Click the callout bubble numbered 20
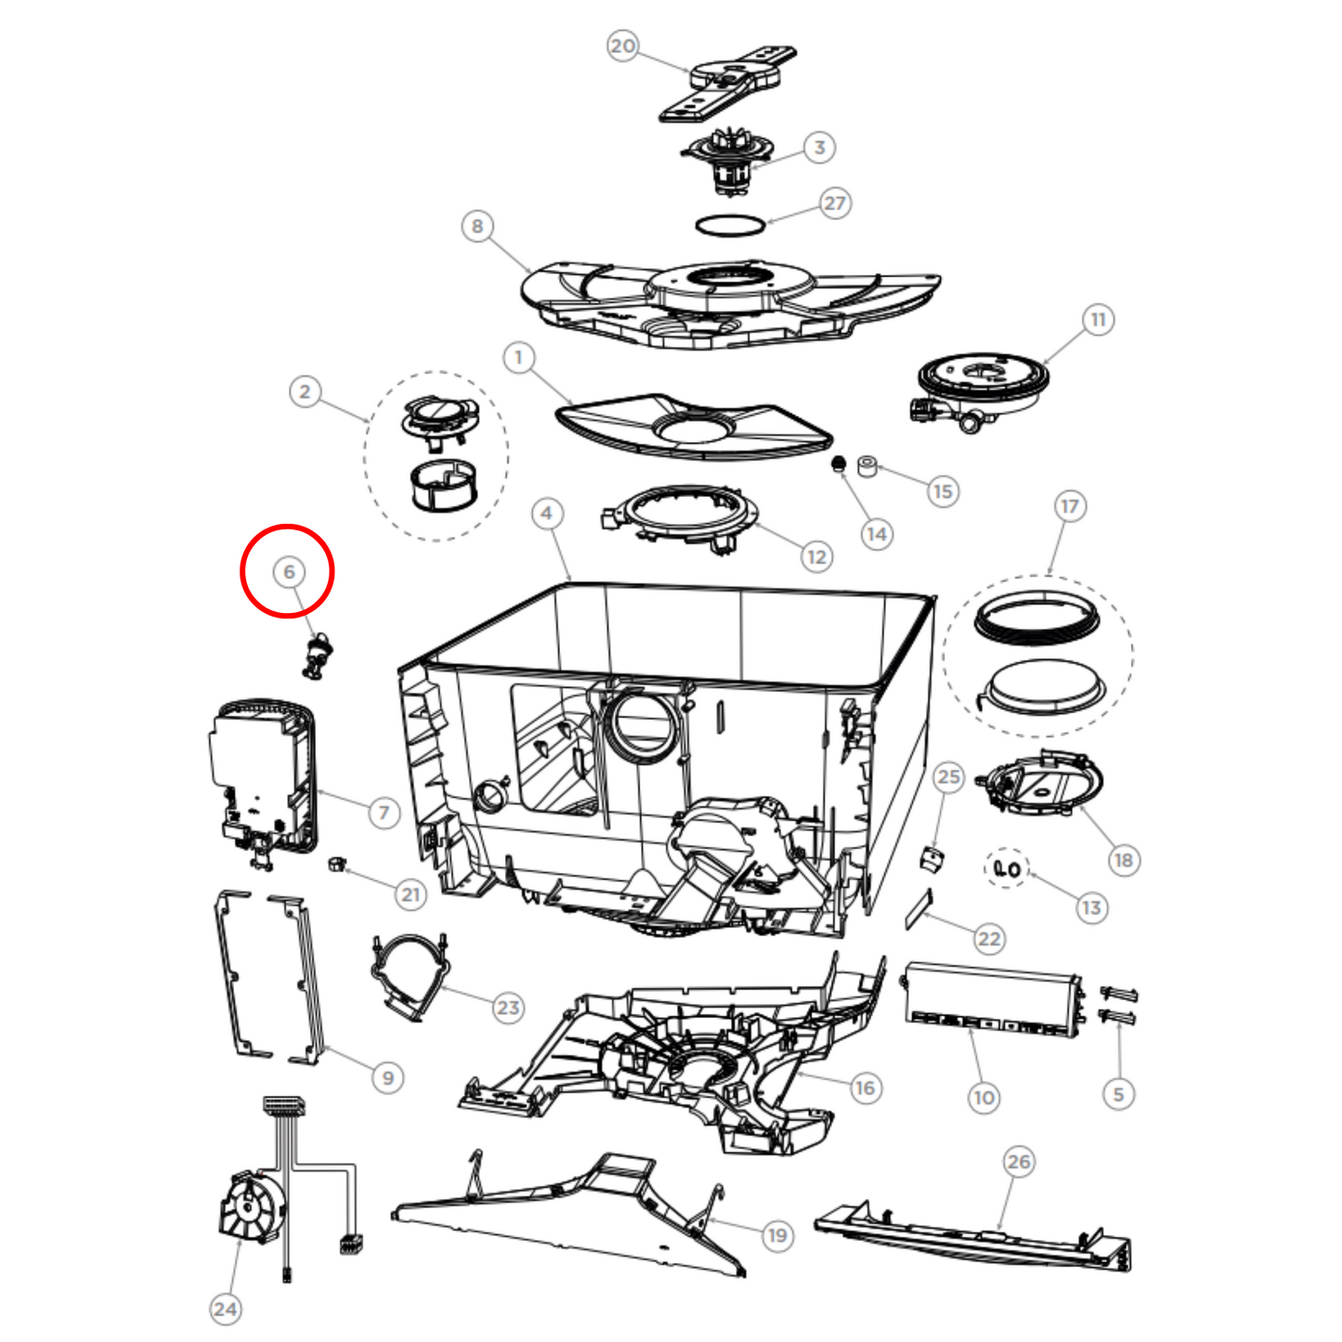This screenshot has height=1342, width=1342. [x=622, y=46]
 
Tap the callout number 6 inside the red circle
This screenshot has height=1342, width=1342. [x=288, y=572]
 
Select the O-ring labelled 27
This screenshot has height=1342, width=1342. [x=730, y=226]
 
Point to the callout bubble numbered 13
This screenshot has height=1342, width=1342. [x=1091, y=907]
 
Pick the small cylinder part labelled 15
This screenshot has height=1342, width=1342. [x=867, y=466]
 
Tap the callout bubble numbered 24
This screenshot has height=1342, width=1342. [x=226, y=1309]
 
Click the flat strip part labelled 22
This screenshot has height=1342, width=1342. [x=918, y=908]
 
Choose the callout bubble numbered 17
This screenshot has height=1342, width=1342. [x=1070, y=506]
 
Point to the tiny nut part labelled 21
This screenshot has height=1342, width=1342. [x=336, y=864]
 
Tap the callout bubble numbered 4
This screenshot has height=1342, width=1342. [x=547, y=514]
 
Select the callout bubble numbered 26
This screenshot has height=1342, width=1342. [x=1019, y=1161]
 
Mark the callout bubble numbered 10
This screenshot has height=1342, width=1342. [x=984, y=1098]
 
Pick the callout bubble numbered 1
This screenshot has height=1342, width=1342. [x=518, y=358]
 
